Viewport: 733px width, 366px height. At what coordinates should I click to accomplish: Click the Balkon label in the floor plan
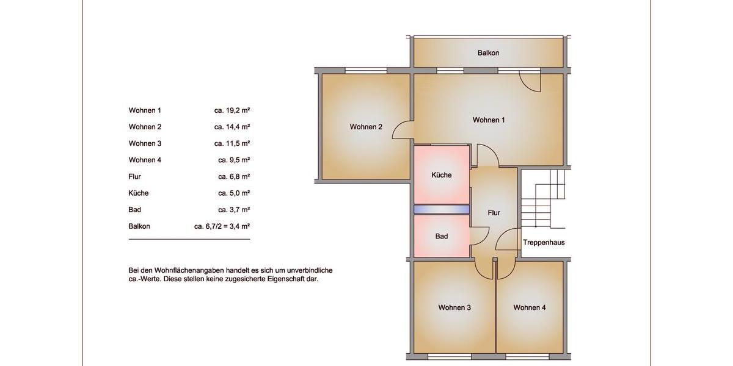488,53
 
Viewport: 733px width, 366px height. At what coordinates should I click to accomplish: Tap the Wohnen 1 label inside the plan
489,120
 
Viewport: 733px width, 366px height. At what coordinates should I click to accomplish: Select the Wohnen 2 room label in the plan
366,127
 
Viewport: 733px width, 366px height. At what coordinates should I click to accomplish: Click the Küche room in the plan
441,175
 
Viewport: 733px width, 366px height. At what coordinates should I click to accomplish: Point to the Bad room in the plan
442,236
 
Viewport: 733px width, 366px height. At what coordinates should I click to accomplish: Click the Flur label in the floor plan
494,213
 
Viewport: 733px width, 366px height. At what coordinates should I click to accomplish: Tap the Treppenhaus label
544,243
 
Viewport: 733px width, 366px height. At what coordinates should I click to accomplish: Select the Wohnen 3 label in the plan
454,307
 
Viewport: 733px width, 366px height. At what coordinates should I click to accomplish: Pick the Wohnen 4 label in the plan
529,307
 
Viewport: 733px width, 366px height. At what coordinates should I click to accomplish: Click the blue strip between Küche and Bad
441,209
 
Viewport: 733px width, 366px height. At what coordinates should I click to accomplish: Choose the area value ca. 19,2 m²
232,111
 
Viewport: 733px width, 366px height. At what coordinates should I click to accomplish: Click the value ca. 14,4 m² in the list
232,127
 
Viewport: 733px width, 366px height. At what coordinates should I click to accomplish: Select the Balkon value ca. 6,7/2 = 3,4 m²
222,226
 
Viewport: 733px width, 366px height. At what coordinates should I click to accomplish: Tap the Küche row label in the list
139,193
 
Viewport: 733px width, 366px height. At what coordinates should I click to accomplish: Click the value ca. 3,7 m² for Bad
234,210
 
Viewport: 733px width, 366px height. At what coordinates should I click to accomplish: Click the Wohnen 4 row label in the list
145,160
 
